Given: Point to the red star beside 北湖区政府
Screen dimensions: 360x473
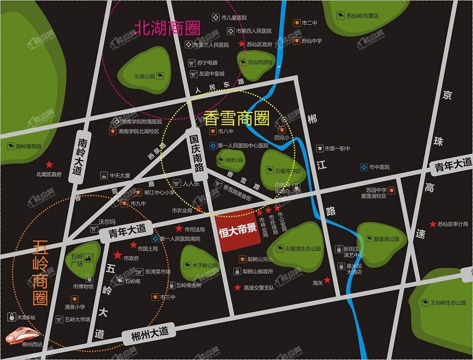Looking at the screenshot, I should [49, 164].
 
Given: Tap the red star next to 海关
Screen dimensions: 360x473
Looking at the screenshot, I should [327, 280].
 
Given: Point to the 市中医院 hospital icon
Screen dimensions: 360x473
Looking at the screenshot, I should [364, 167].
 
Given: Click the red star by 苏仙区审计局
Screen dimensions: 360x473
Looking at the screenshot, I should [433, 224].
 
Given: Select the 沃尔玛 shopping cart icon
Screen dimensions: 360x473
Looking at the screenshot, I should [94, 228].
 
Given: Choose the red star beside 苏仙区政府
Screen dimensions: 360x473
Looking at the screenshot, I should [241, 44].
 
